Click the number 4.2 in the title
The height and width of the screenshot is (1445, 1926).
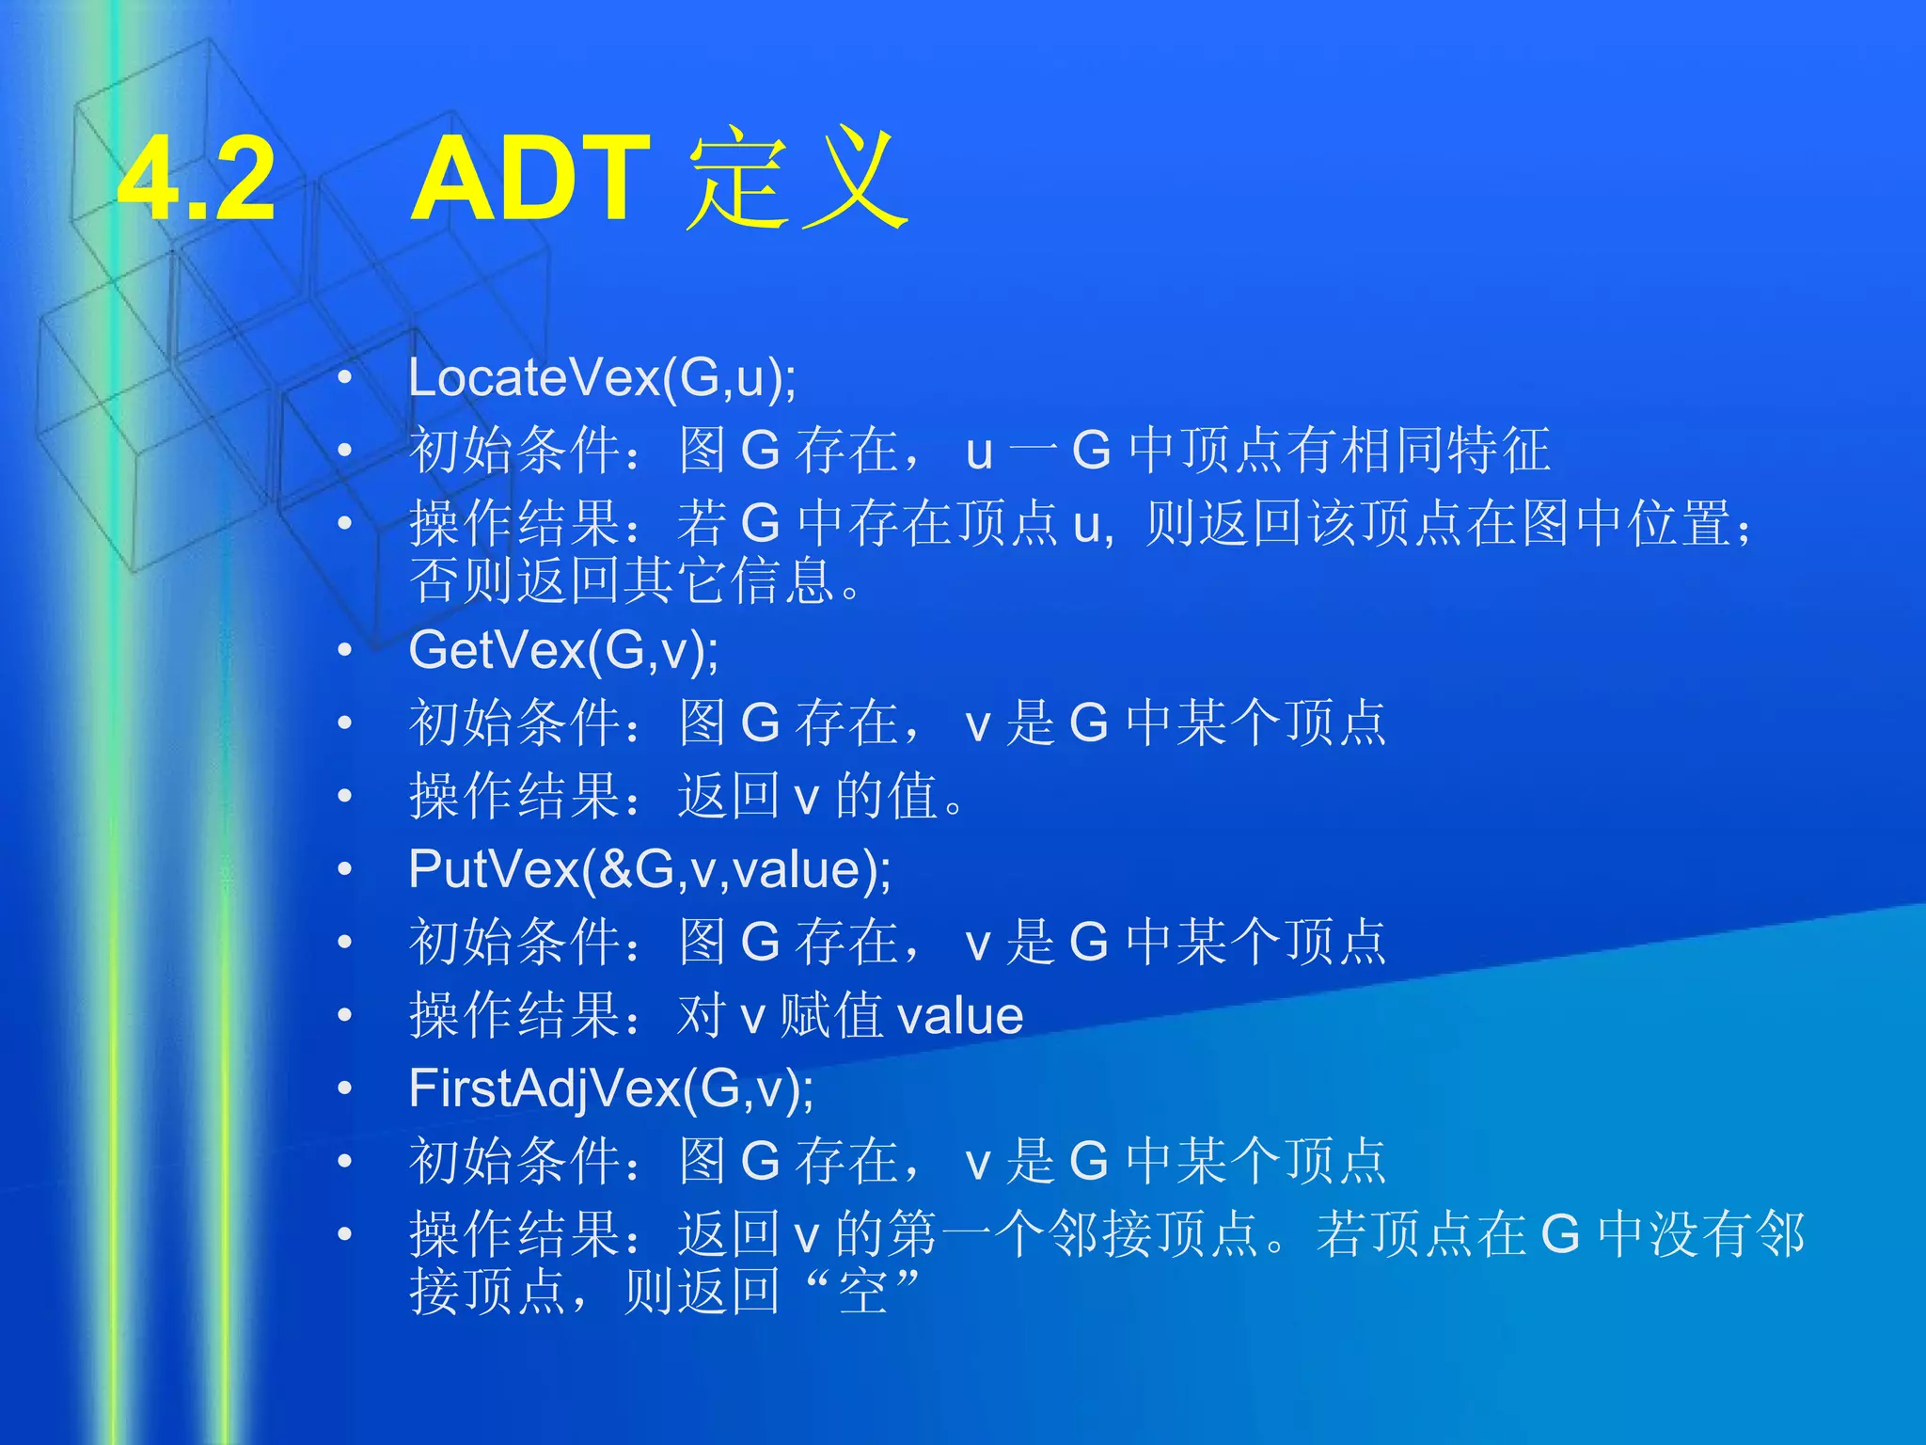pos(197,179)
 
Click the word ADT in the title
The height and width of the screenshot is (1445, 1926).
pos(530,179)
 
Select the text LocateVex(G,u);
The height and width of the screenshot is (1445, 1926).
pos(602,378)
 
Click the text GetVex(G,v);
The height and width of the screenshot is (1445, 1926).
pos(563,650)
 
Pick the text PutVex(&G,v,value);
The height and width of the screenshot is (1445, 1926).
pos(649,868)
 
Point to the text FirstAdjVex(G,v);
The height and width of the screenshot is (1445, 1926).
pos(611,1088)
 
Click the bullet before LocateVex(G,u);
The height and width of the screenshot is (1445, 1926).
pos(345,378)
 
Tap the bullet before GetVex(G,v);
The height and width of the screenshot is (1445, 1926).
pos(345,650)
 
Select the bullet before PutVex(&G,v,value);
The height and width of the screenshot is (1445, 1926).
pos(345,869)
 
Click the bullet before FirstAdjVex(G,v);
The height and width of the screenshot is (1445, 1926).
pos(345,1088)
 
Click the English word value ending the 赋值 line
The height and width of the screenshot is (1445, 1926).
pos(960,1016)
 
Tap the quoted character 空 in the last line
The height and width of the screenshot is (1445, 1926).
pos(862,1292)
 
